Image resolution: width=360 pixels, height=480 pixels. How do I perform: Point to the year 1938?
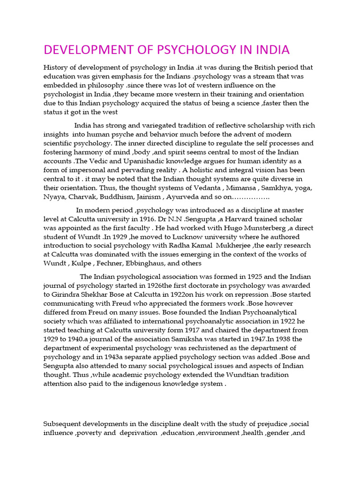278,339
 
